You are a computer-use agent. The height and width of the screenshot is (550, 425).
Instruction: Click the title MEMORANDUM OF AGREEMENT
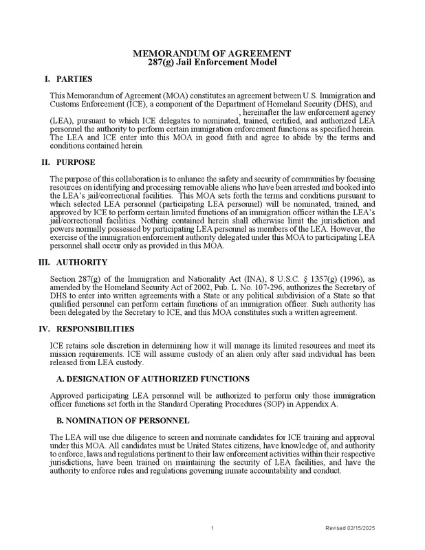click(x=212, y=54)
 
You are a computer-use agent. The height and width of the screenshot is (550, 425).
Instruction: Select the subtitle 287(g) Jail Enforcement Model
click(x=212, y=63)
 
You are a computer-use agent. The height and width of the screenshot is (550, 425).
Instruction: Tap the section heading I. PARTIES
click(x=73, y=79)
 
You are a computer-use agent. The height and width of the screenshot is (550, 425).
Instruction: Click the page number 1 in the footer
click(x=213, y=528)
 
